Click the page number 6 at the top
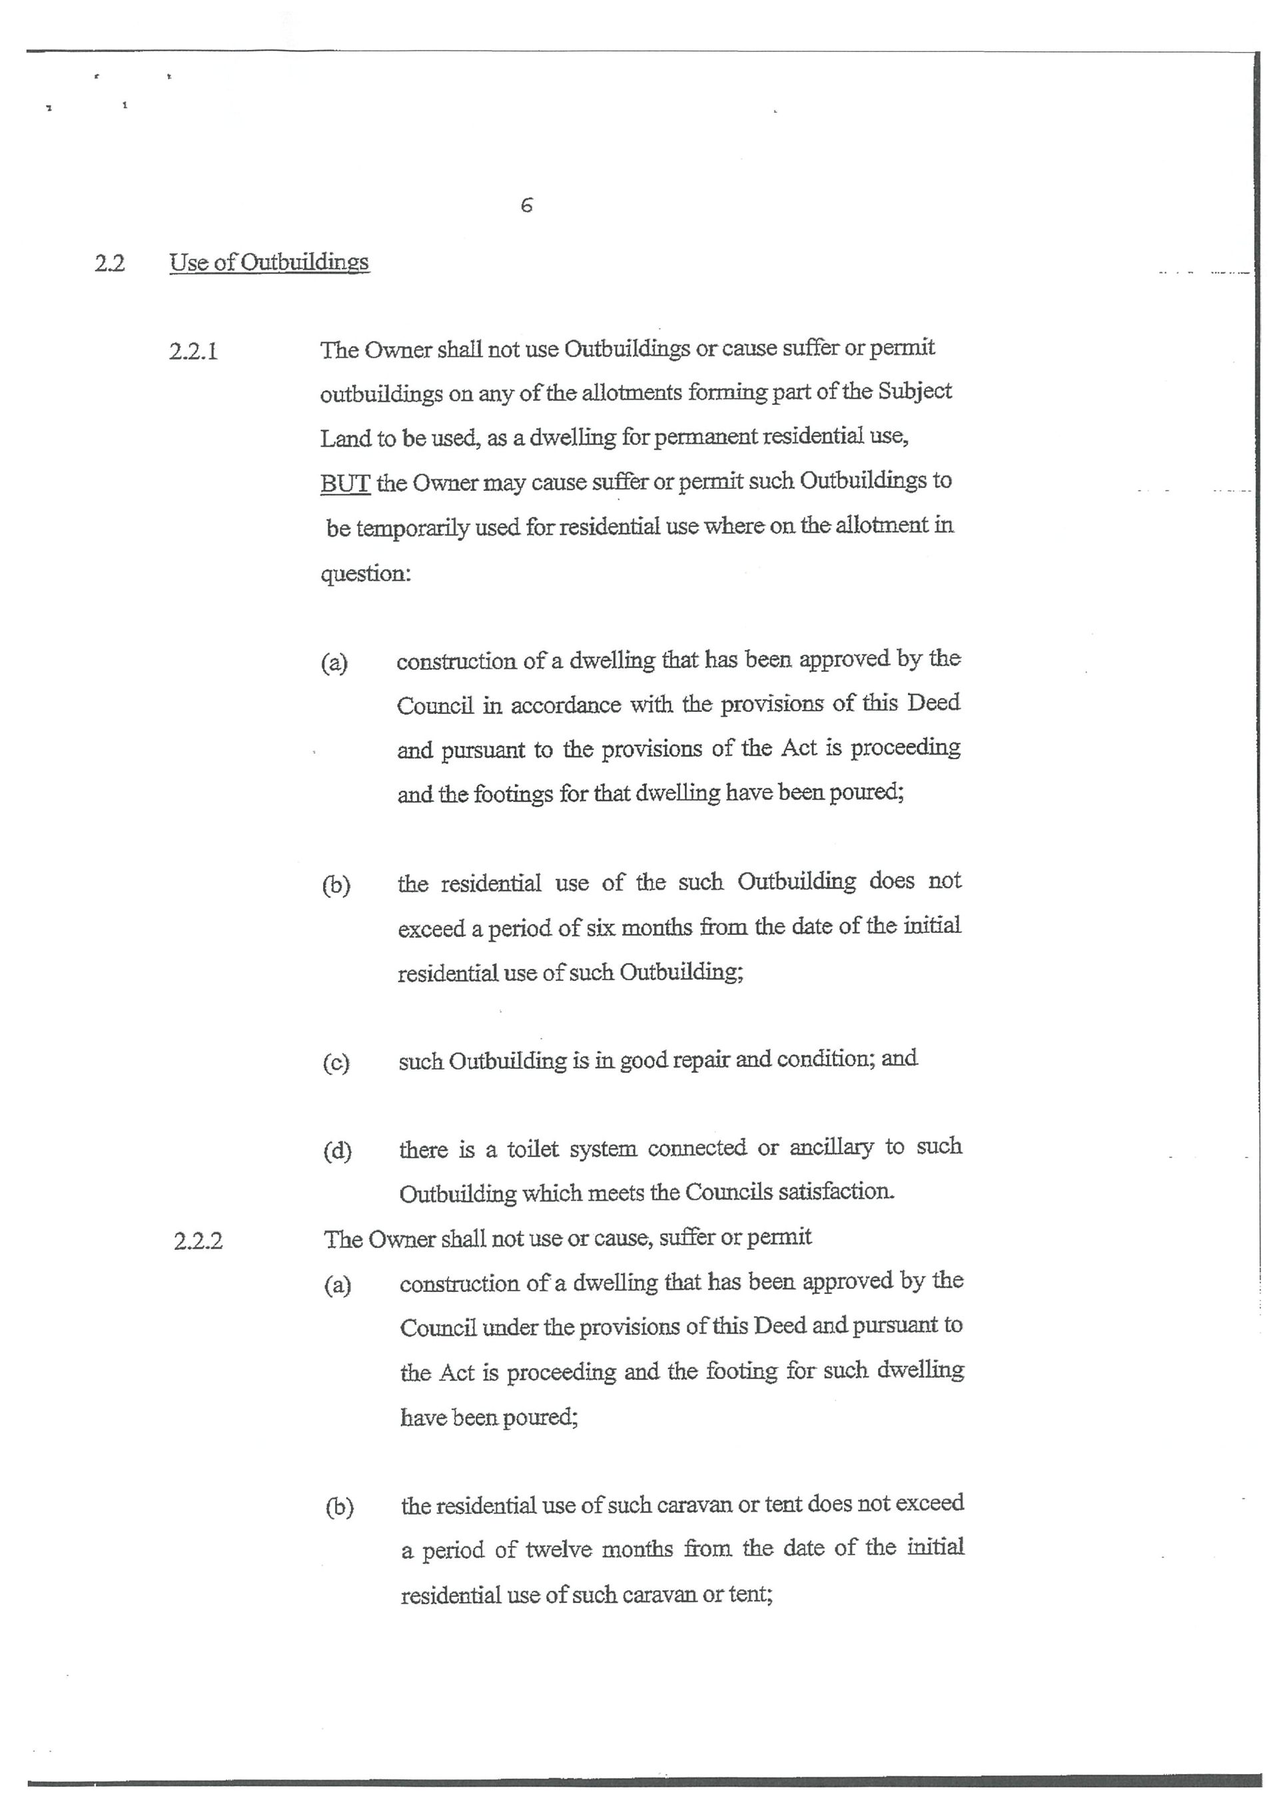click(x=527, y=206)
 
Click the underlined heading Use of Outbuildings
click(x=268, y=262)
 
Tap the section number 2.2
click(x=109, y=263)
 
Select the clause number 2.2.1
click(x=193, y=351)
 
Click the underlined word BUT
click(x=345, y=482)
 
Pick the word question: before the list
click(x=366, y=573)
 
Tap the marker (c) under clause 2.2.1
click(x=336, y=1063)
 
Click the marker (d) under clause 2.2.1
click(x=337, y=1151)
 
